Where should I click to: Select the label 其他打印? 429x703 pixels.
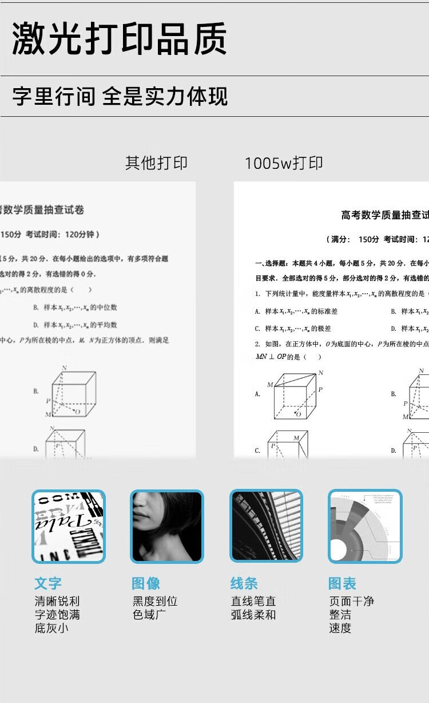pyautogui.click(x=156, y=163)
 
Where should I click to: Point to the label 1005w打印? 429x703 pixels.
pyautogui.click(x=284, y=163)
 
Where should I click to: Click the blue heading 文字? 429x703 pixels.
pyautogui.click(x=48, y=583)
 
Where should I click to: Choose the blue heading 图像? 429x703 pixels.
pyautogui.click(x=146, y=583)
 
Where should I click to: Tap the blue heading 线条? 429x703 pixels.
pyautogui.click(x=244, y=583)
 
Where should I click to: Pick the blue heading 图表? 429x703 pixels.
pyautogui.click(x=342, y=583)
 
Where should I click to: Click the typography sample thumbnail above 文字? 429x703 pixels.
pyautogui.click(x=69, y=526)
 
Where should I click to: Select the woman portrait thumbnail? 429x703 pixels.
pyautogui.click(x=167, y=526)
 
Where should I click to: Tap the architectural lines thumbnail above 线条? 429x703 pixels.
pyautogui.click(x=266, y=526)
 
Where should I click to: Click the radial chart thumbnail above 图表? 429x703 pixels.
pyautogui.click(x=365, y=526)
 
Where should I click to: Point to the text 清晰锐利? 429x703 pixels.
pyautogui.click(x=57, y=601)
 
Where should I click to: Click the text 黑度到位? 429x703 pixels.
pyautogui.click(x=155, y=601)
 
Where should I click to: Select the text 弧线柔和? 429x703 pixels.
pyautogui.click(x=253, y=615)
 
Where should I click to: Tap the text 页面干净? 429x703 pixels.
pyautogui.click(x=351, y=601)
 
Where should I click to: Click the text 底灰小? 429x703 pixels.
pyautogui.click(x=51, y=628)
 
